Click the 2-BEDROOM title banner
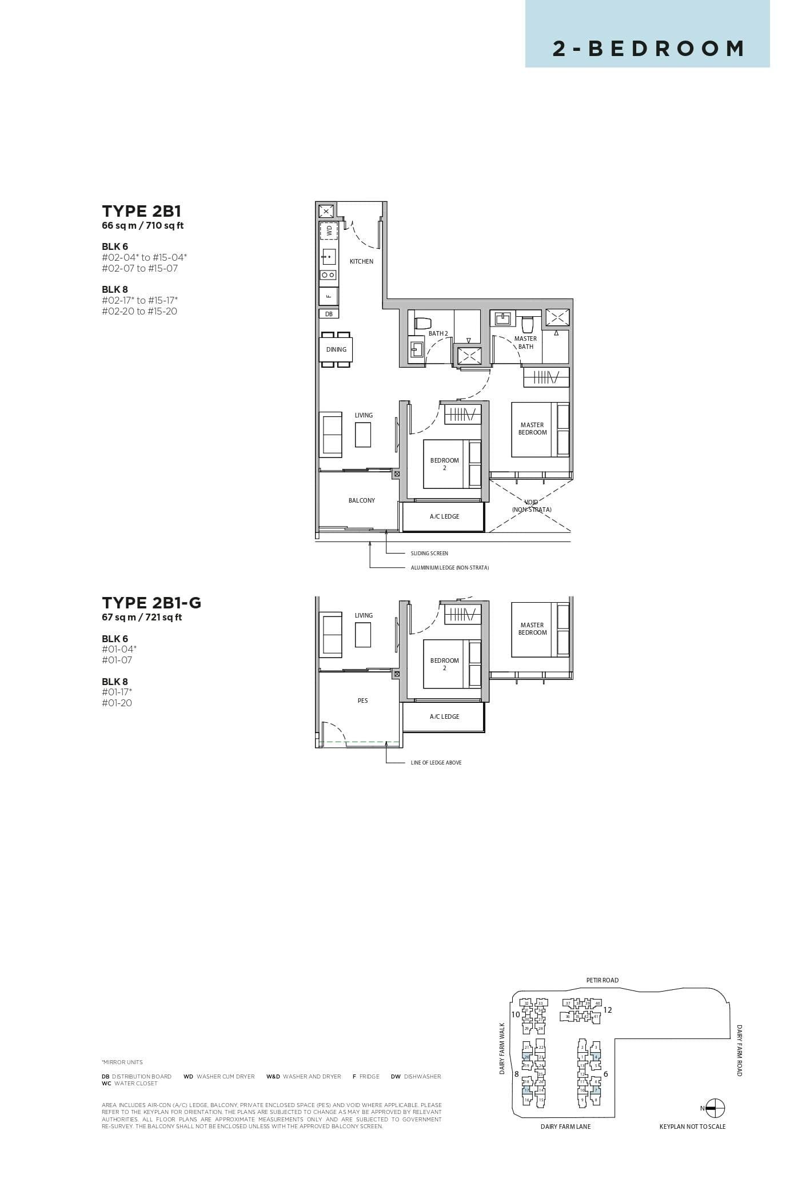(x=647, y=48)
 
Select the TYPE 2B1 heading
(x=141, y=211)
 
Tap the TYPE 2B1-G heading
(x=151, y=603)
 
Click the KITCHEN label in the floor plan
(x=361, y=261)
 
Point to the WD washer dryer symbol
(x=329, y=230)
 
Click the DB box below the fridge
(x=329, y=314)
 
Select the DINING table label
(x=336, y=349)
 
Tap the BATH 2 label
(x=438, y=333)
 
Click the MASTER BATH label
(x=525, y=343)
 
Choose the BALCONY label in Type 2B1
(x=362, y=500)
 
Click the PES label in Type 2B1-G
(x=362, y=701)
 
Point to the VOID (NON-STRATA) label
(x=532, y=506)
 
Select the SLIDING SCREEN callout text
(x=429, y=554)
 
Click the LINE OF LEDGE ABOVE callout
(x=436, y=763)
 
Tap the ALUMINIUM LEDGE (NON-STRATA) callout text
(x=449, y=568)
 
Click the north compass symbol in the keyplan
(x=715, y=1108)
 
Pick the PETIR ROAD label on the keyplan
(x=602, y=980)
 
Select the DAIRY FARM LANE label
(x=565, y=1127)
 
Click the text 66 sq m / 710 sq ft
(x=142, y=225)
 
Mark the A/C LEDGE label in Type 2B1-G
(x=444, y=717)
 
